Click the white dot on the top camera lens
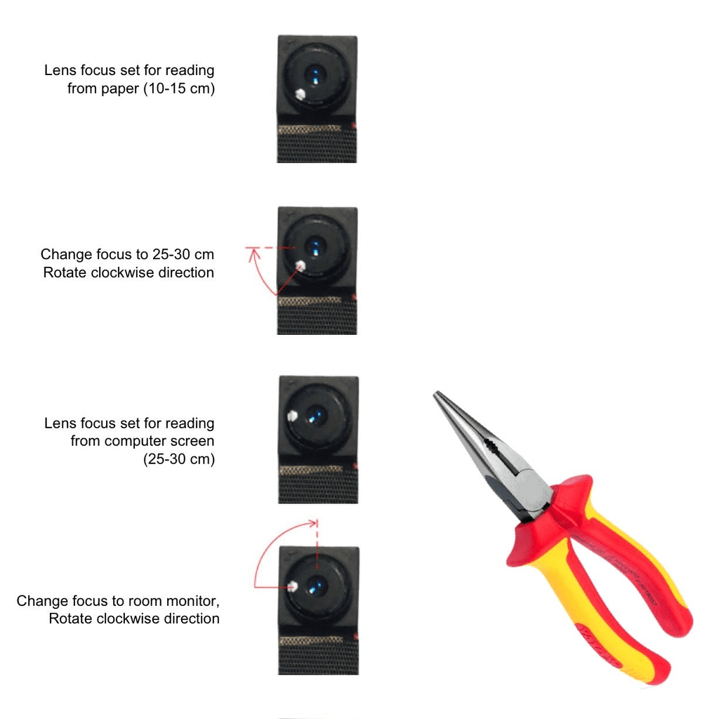pyautogui.click(x=300, y=94)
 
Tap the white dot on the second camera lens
pyautogui.click(x=301, y=265)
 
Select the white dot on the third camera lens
pyautogui.click(x=292, y=416)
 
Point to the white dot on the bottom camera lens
pyautogui.click(x=293, y=586)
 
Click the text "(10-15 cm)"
pyautogui.click(x=179, y=88)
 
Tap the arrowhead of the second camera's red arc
pyautogui.click(x=253, y=254)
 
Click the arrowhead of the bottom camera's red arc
pyautogui.click(x=312, y=522)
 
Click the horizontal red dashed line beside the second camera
pyautogui.click(x=270, y=248)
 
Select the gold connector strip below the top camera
pyautogui.click(x=310, y=130)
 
